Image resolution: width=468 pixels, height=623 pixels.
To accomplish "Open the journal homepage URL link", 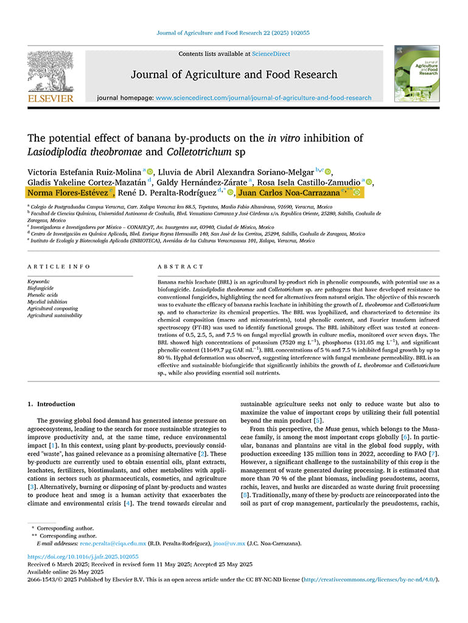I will point(264,97).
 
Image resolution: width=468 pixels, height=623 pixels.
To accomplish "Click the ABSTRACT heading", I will point(180,266).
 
